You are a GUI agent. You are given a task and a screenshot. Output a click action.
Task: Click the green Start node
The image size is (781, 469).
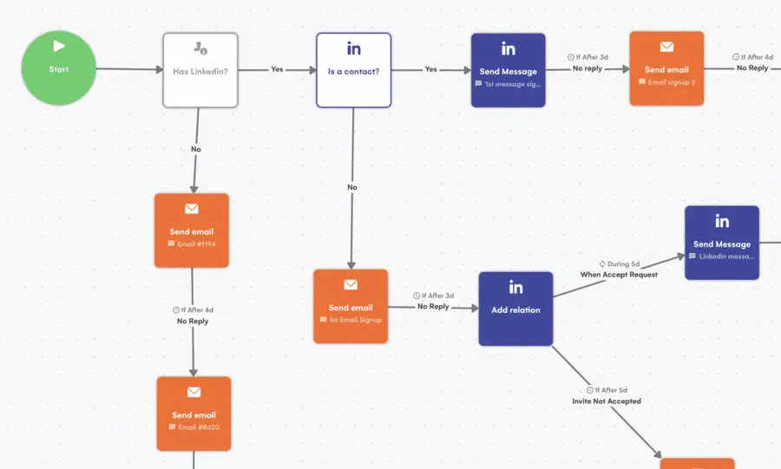coord(58,68)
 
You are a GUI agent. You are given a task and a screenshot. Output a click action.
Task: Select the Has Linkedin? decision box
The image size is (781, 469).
coord(200,70)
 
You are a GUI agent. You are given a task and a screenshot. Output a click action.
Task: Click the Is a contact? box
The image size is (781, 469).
coord(353,70)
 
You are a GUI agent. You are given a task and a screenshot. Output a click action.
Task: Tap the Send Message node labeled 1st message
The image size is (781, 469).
coord(508,70)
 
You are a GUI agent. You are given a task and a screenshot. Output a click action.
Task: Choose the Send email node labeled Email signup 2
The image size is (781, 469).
coord(666,68)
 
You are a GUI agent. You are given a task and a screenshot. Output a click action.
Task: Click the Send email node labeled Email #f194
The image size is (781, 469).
coord(191,231)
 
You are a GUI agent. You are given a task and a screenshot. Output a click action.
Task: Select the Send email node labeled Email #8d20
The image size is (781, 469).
coord(194,414)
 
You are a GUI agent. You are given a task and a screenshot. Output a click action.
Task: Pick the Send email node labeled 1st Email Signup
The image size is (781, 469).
coord(351,306)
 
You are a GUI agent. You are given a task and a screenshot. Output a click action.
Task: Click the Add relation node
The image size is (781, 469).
coord(515,309)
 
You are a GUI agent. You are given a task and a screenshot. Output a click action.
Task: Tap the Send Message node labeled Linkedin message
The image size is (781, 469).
coord(721,243)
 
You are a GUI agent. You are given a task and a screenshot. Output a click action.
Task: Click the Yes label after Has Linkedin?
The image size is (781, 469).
coord(277,69)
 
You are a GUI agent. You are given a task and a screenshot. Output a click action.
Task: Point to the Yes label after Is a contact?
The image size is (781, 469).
coord(430,69)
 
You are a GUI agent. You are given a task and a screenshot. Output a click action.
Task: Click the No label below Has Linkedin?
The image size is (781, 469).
coord(196,149)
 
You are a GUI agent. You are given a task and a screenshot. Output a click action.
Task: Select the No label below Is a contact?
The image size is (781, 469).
coord(352,187)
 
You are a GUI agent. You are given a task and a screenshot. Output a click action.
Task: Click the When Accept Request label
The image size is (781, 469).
coord(619,275)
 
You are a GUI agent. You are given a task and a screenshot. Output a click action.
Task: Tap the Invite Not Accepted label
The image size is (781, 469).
coord(607,401)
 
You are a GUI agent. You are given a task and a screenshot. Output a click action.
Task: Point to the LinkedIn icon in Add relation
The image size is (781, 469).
coord(515,288)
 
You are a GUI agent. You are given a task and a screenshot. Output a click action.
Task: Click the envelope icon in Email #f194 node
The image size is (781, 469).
coord(191,209)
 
